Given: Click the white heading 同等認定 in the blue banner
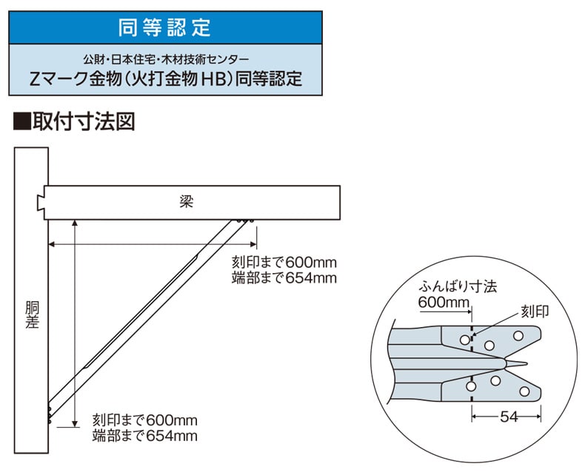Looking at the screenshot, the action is [165, 27].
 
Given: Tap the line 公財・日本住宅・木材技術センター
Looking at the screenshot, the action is [166, 59].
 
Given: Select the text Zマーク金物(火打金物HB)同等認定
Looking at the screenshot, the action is [166, 79].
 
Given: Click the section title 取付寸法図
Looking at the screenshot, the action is [84, 122].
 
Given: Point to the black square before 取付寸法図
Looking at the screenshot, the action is [21, 122].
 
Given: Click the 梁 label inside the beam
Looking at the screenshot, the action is [187, 202].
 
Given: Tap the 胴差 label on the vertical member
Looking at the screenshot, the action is [33, 315].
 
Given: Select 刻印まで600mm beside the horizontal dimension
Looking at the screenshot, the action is [284, 263].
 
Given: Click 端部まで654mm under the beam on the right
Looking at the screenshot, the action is [284, 278].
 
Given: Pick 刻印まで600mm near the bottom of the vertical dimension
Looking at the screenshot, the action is [144, 420].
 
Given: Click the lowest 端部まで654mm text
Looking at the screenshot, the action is [144, 436].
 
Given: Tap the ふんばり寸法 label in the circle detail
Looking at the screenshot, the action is [458, 286].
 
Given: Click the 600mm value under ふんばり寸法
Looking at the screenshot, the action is [444, 303].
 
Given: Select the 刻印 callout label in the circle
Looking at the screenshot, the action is [535, 311].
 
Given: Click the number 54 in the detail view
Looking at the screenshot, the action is [509, 417].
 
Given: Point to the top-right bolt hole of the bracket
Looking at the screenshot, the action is [518, 336].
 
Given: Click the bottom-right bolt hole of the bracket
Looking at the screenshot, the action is [524, 392].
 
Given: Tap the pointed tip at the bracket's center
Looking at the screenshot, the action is [527, 363].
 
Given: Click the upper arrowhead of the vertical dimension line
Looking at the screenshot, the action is [75, 223].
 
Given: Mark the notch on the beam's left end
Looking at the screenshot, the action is [41, 203].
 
